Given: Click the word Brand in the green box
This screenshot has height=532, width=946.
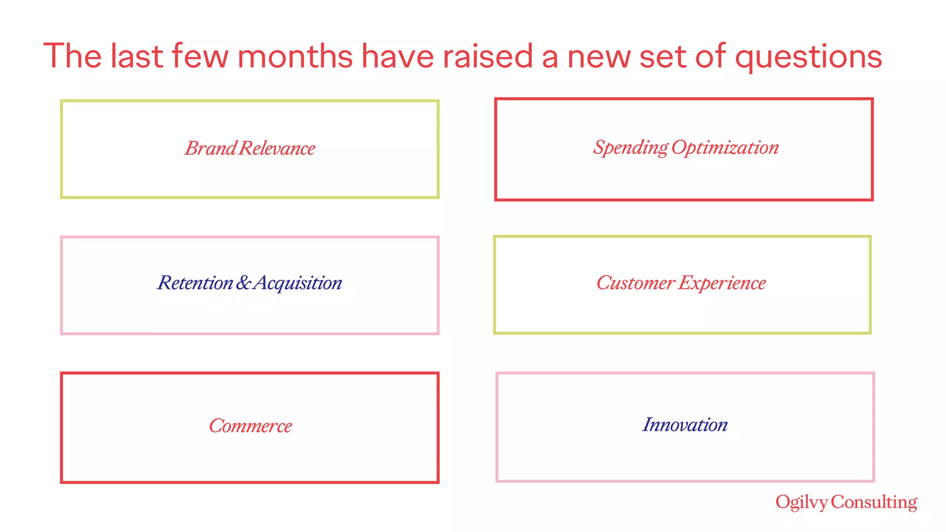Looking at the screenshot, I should click(211, 148).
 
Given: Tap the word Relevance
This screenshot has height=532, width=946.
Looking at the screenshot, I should click(278, 148).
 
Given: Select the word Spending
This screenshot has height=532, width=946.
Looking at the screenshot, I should click(631, 148).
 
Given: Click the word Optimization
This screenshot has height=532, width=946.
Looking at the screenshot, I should click(725, 147).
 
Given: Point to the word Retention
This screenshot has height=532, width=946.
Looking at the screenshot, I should click(195, 283).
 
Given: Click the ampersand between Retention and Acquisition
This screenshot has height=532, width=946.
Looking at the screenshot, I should click(243, 283).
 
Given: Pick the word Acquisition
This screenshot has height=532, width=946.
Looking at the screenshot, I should click(298, 283).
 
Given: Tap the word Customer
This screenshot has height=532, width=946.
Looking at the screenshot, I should click(636, 283).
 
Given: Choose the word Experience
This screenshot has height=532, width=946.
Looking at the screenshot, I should click(722, 283).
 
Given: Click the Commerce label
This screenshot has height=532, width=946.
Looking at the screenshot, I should click(250, 426).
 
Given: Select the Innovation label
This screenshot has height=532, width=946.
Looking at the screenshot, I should click(685, 425).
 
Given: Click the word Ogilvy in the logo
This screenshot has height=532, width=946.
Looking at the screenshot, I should click(801, 502).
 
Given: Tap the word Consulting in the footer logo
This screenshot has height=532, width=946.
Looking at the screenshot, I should click(874, 502).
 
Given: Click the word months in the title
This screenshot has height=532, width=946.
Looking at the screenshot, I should click(295, 56).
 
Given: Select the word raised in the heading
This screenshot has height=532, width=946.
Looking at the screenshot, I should click(488, 56).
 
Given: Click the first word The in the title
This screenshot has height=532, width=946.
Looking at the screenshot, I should click(73, 56).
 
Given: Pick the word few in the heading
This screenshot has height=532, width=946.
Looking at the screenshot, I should click(200, 56).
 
